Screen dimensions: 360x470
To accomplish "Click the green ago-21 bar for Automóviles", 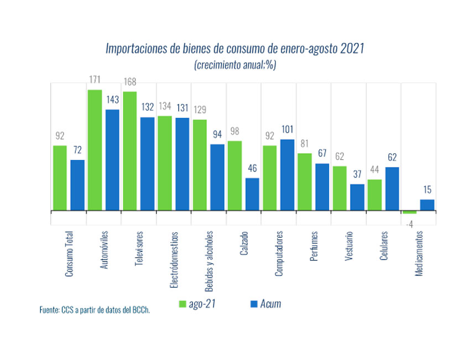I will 95,150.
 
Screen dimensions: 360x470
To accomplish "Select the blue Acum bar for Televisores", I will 148,164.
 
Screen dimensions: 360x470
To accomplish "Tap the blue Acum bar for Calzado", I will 252,194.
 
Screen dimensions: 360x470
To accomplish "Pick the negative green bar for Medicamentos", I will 409,212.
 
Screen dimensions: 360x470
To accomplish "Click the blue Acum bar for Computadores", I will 287,175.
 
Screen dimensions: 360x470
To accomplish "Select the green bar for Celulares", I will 374,195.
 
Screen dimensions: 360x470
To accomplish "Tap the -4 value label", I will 409,223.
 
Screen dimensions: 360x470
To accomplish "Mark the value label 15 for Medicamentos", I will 427,189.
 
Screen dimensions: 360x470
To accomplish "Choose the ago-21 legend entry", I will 196,304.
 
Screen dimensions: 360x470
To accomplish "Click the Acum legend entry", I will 266,304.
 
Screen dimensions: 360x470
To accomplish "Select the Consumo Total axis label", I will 69,254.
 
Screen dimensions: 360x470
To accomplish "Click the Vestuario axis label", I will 349,246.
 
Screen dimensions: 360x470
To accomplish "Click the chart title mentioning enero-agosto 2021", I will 235,48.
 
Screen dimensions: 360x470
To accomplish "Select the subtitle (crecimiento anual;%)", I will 235,65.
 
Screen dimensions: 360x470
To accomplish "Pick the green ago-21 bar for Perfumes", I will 305,182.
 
